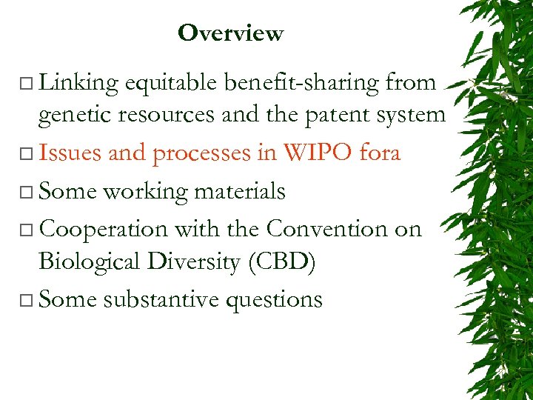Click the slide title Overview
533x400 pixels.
[230, 33]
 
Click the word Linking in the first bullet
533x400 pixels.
[78, 84]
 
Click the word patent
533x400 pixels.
[336, 115]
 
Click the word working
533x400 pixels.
[145, 192]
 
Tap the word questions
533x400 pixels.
[281, 300]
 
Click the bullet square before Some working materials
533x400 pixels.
[27, 193]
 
